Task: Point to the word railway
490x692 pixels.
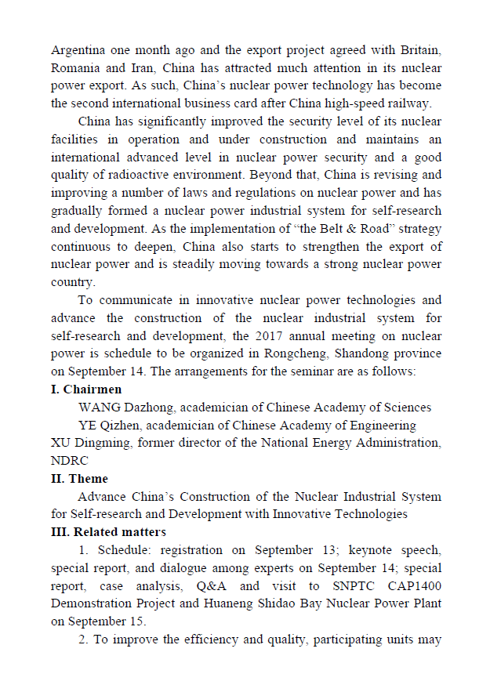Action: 419,103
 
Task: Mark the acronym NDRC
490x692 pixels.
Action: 70,460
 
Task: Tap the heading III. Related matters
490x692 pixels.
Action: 108,532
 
